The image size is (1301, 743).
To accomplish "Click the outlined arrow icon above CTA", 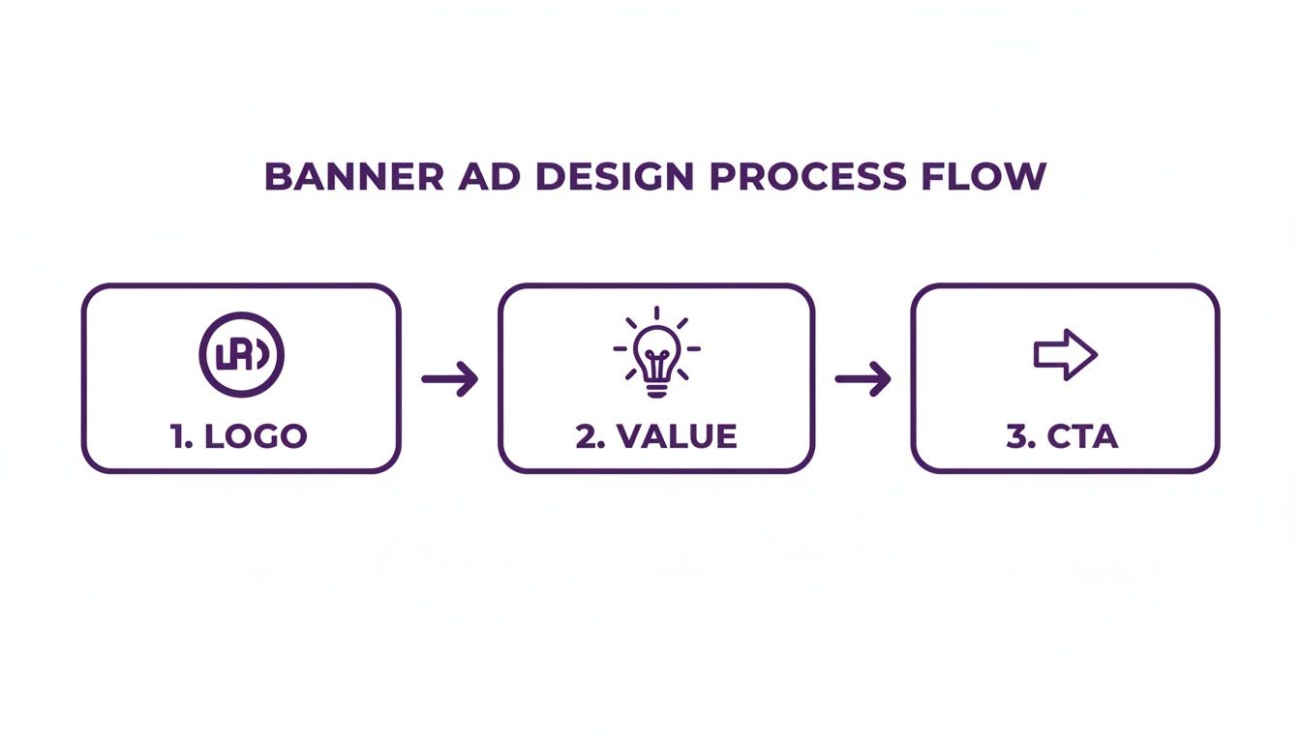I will [x=1065, y=355].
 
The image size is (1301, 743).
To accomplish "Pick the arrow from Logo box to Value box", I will [x=450, y=378].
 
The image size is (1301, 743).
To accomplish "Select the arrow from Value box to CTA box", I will [x=862, y=378].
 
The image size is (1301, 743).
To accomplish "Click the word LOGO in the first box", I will [x=256, y=436].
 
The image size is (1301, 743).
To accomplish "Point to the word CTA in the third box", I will [x=1081, y=436].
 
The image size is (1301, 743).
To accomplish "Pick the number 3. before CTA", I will [x=1017, y=436].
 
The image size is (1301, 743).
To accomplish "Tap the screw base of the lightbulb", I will [x=656, y=389].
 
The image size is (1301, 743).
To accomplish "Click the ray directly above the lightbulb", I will [x=656, y=312].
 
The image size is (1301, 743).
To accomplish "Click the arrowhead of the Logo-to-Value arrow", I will [x=469, y=378].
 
